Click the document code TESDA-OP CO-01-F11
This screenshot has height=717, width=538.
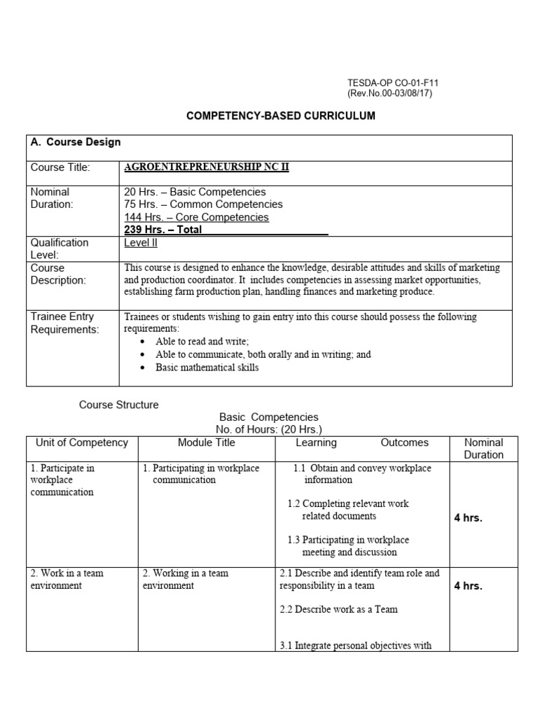[x=393, y=83]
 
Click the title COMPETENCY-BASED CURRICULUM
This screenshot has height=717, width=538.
[x=280, y=116]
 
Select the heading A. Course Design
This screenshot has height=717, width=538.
[x=76, y=142]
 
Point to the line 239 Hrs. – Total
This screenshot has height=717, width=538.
[x=163, y=230]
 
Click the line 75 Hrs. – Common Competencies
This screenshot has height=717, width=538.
[x=203, y=204]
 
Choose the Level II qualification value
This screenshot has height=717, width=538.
[x=142, y=242]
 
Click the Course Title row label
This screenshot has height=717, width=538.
[x=60, y=167]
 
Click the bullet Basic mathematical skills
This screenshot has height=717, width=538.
[x=207, y=367]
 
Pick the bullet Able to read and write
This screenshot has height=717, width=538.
[x=202, y=342]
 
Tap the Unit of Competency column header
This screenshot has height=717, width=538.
[x=82, y=443]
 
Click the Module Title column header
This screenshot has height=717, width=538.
[x=207, y=443]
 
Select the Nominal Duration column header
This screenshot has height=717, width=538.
[x=483, y=448]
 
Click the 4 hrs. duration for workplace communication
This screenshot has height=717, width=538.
[x=468, y=518]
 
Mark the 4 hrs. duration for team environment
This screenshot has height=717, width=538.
[x=468, y=585]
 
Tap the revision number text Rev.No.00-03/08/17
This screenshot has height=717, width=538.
[x=390, y=94]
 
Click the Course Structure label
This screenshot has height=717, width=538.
[x=118, y=405]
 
